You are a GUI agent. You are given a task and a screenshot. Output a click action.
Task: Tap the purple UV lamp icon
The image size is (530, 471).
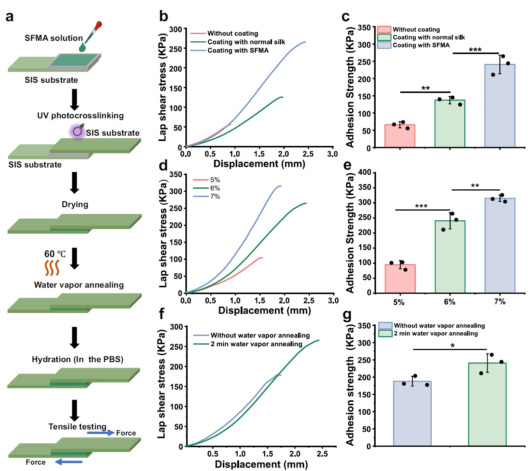click(x=78, y=131)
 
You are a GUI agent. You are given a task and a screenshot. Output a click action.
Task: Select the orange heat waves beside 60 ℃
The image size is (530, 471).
click(x=52, y=268)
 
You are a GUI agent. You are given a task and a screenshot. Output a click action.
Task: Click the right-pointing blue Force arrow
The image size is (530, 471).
click(x=101, y=432)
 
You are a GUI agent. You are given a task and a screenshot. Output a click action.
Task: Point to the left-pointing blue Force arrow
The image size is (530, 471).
click(x=68, y=462)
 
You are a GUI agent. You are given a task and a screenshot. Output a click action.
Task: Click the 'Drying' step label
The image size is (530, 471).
click(x=75, y=205)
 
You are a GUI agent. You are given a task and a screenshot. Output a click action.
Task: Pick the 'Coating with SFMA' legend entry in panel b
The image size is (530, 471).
click(x=238, y=50)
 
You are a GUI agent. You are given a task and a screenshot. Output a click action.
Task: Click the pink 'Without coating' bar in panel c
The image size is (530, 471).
click(x=399, y=136)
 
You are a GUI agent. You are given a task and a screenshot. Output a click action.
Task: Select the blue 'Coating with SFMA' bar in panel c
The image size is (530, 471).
click(x=499, y=106)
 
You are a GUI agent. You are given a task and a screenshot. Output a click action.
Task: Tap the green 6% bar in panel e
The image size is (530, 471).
click(x=449, y=257)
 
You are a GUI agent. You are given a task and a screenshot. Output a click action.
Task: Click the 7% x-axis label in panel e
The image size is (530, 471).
click(x=499, y=302)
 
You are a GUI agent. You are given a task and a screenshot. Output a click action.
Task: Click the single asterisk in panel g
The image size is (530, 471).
click(x=452, y=346)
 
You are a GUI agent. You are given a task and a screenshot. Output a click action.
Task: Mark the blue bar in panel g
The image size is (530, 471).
click(x=412, y=414)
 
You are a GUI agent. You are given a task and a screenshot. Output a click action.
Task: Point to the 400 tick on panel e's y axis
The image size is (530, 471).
click(x=365, y=172)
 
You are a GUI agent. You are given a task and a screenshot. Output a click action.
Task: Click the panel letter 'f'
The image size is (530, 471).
click(x=162, y=314)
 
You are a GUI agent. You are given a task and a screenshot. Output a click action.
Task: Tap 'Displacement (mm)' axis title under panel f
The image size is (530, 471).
click(x=261, y=464)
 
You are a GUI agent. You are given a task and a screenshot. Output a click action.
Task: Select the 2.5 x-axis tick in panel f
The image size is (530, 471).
click(x=322, y=454)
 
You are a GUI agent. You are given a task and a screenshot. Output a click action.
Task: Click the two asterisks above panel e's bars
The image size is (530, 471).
click(x=475, y=186)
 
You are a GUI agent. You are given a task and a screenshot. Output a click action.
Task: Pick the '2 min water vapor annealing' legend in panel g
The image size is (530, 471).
click(x=435, y=333)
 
